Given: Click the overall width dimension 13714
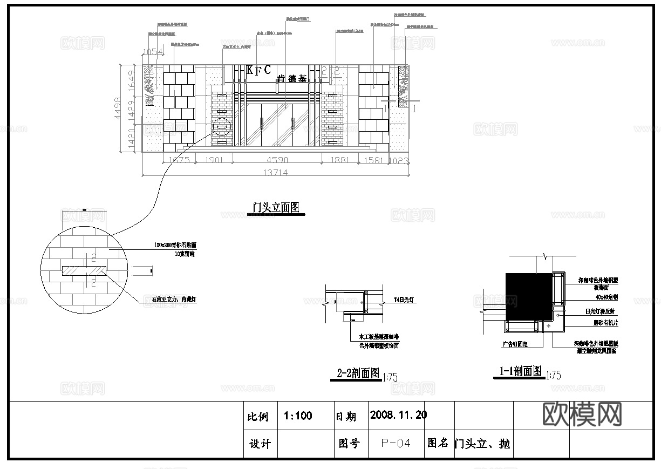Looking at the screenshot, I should coord(275,173).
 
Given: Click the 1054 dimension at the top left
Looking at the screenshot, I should coord(152,52).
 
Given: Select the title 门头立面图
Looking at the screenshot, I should coord(276,208).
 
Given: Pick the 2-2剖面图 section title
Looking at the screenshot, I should coord(358,373).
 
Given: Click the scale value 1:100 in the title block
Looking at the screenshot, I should coord(298,416).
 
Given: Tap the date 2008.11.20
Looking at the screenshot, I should coord(398,415).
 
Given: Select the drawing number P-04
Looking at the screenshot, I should coord(396,444).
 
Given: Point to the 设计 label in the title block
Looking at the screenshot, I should coord(260,444).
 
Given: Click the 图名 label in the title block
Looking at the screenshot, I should coord(438,443).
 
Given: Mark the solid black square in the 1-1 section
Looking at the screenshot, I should coord(529,296).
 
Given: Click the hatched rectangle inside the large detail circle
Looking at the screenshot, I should coord(85,269).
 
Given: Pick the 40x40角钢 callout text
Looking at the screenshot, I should coord(591,297).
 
